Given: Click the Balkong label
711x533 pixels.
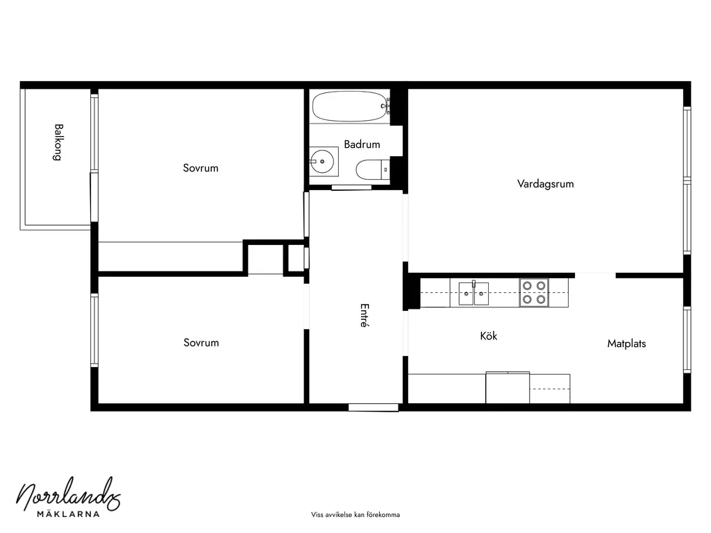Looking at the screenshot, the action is [x=58, y=142].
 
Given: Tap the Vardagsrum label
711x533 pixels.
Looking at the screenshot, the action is [x=545, y=184].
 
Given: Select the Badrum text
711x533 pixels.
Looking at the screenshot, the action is [x=362, y=144].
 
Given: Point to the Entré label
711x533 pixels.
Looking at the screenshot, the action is [x=364, y=315].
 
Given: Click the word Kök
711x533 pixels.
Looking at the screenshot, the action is [x=488, y=336].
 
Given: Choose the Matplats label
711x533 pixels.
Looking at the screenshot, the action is [x=626, y=344].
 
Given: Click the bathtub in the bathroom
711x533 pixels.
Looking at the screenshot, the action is [x=351, y=106].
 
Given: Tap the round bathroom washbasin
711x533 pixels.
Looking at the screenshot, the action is [x=322, y=161].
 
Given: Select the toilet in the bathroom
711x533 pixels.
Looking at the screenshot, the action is [x=373, y=170].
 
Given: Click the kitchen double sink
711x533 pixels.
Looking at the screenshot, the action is [x=474, y=294].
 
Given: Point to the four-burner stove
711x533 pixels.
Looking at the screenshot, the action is [x=534, y=293].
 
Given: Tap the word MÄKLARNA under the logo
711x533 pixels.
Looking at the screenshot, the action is [x=68, y=514].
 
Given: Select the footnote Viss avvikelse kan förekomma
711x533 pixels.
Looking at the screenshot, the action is [x=355, y=515].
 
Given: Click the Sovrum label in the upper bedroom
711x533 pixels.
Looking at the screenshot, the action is [x=201, y=168].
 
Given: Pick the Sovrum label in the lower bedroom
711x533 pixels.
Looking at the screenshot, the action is [x=201, y=343].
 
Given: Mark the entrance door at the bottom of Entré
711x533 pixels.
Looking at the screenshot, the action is [x=373, y=407].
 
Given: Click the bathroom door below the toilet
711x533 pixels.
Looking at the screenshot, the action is [x=351, y=187].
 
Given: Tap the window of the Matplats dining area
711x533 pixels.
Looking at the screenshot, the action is [x=687, y=339].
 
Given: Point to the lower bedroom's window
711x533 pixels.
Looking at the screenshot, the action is [x=94, y=330].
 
